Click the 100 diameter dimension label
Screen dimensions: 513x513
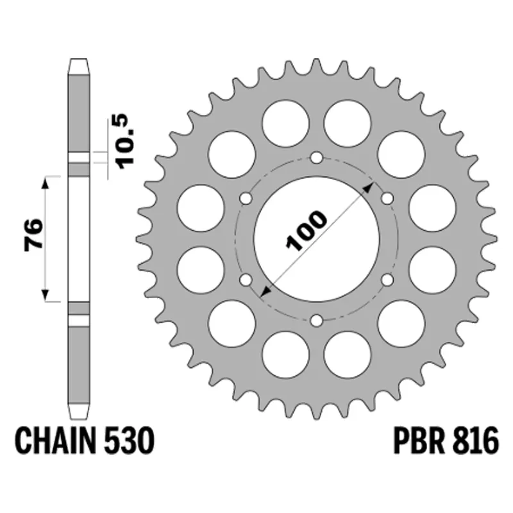tap(307, 230)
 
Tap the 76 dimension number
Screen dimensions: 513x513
tap(33, 235)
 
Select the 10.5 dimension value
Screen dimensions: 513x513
tap(126, 141)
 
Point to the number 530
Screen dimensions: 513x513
tap(129, 441)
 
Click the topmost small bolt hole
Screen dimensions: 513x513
tap(316, 158)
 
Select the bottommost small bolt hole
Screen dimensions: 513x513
tap(316, 321)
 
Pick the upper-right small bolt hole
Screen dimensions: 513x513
tap(387, 199)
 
